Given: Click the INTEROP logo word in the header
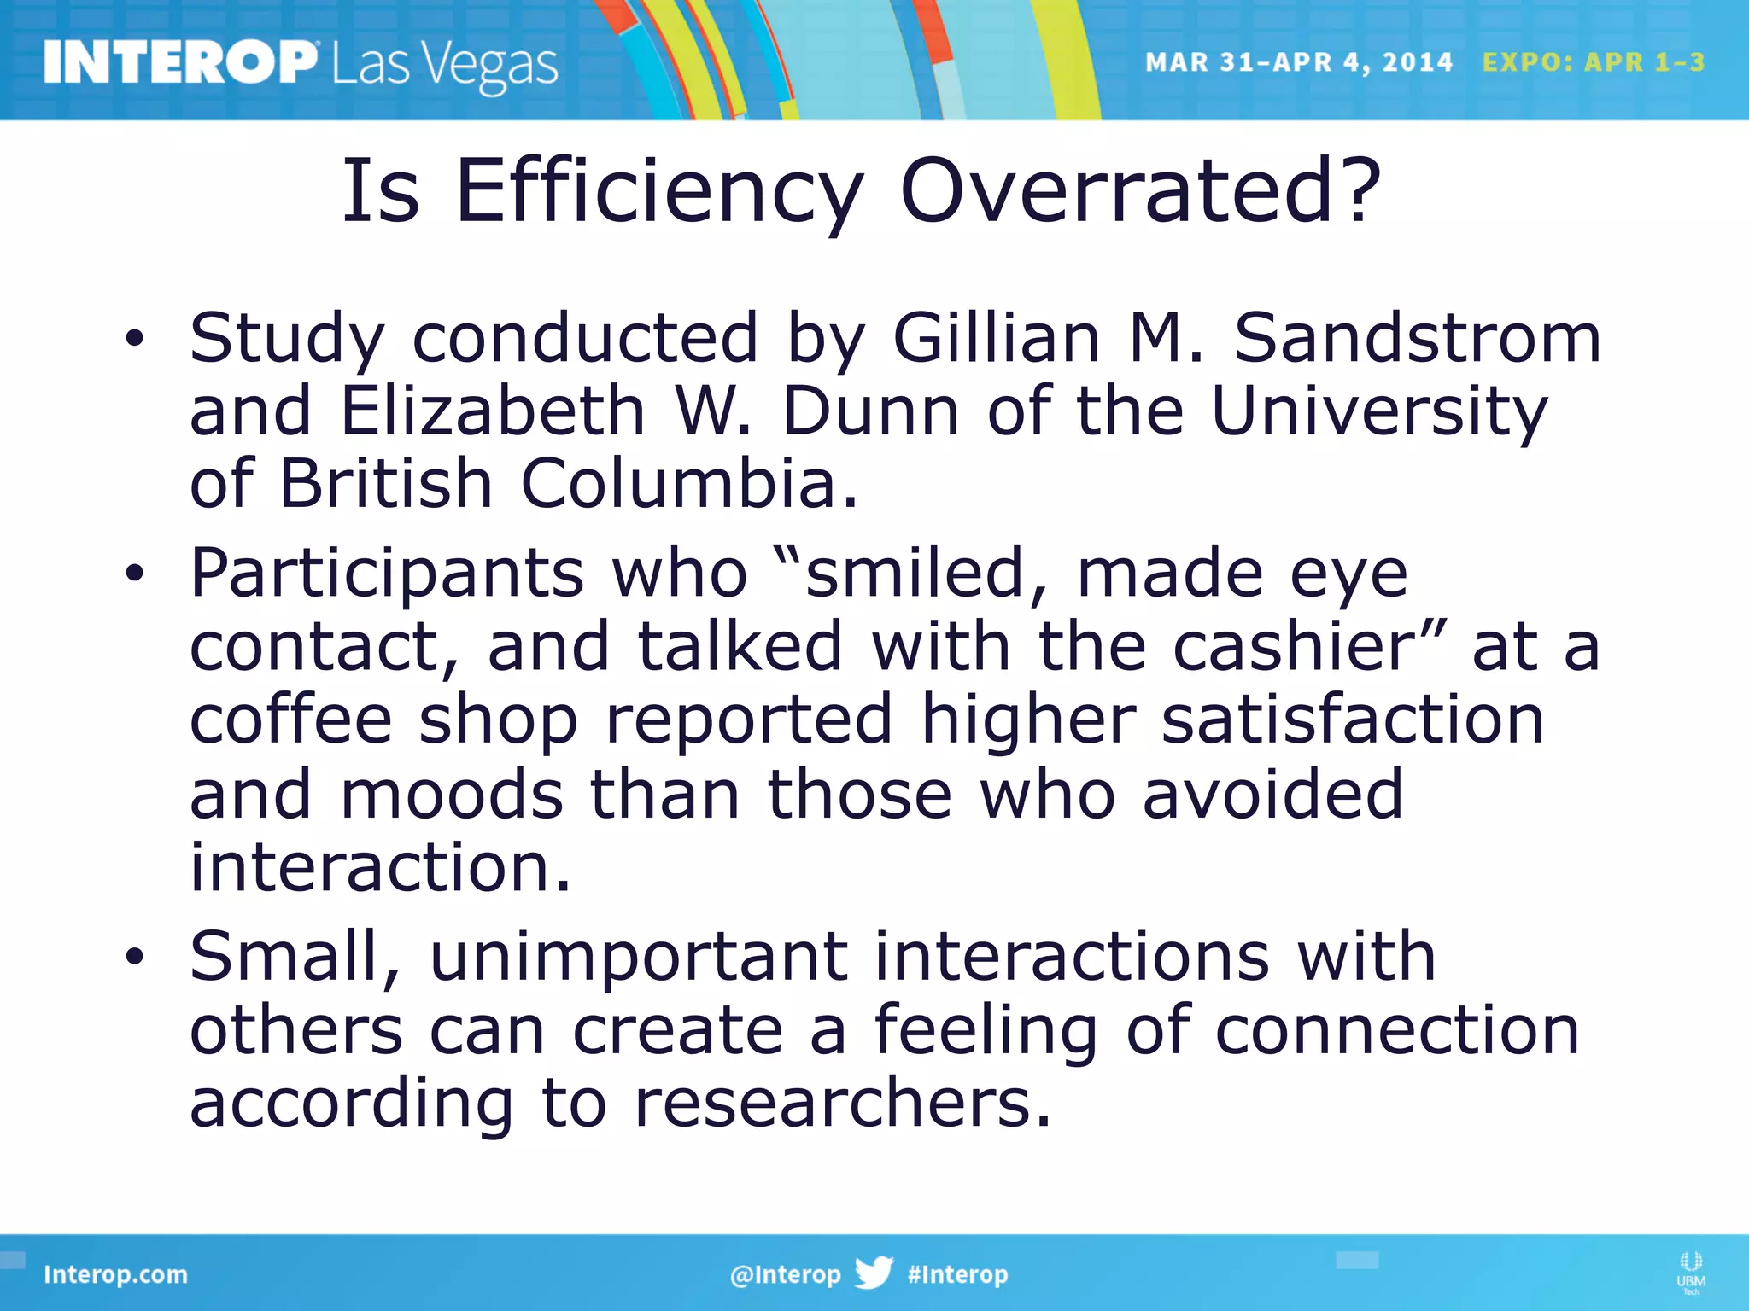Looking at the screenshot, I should click(x=179, y=62).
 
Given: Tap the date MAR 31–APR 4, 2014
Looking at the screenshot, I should click(x=1298, y=62).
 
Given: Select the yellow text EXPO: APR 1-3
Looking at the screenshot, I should click(x=1593, y=62).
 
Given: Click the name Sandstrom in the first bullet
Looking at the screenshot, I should click(x=1418, y=338).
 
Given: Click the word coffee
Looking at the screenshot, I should click(x=290, y=720).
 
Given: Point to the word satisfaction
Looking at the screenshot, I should click(x=1353, y=720).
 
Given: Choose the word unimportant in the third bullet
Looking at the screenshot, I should click(x=639, y=957).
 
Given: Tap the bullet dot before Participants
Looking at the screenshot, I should click(x=134, y=574).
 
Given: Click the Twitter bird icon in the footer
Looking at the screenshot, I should click(x=874, y=1273).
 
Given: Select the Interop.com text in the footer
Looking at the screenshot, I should click(x=115, y=1274).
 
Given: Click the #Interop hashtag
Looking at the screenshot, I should click(x=957, y=1274).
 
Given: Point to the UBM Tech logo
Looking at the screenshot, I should click(x=1690, y=1273).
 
